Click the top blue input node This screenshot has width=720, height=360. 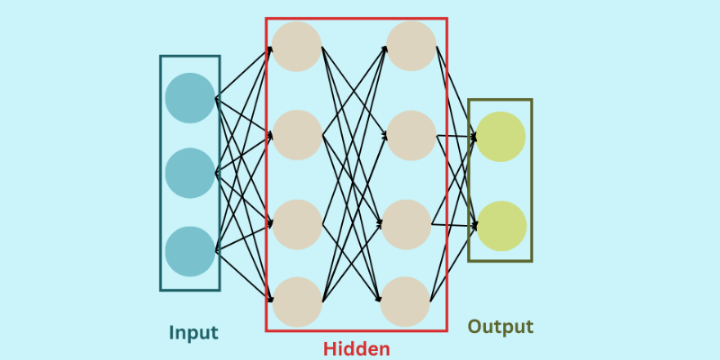tap(190, 98)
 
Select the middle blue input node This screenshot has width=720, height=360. tap(190, 173)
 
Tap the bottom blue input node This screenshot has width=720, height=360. tap(190, 251)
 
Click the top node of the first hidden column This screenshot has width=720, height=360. tap(297, 47)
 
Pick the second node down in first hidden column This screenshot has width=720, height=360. tap(297, 135)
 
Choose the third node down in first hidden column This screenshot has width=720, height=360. tap(297, 224)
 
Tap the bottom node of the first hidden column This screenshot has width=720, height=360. tap(297, 301)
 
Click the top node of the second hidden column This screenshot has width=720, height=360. tap(411, 47)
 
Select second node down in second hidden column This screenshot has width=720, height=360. tap(411, 136)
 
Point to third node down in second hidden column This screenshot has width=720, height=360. tap(407, 224)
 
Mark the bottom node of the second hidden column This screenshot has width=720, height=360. tap(405, 301)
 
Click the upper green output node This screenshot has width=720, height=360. tap(500, 137)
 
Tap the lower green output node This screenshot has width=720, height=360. tap(501, 226)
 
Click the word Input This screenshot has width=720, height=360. tap(193, 333)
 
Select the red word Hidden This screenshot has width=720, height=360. tap(356, 349)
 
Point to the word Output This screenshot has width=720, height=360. tap(500, 327)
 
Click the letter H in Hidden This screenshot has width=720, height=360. tap(330, 349)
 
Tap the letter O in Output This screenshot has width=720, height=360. tap(474, 327)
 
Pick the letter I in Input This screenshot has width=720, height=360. tap(172, 333)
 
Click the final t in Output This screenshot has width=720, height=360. tap(529, 327)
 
